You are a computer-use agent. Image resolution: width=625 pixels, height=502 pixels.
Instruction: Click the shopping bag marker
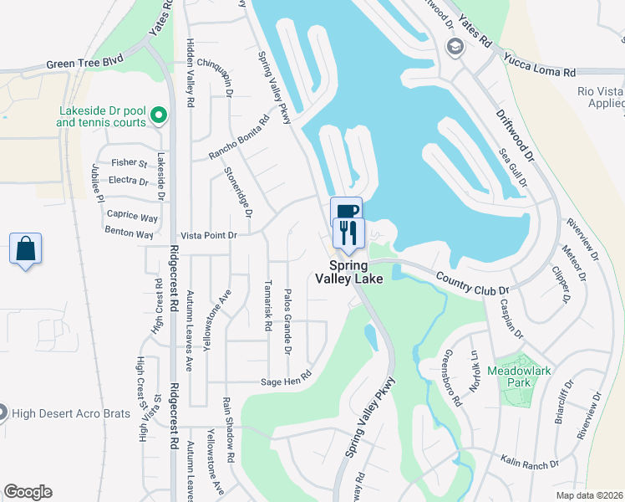(x=26, y=249)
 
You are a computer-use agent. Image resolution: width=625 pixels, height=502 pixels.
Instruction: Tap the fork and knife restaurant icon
(x=348, y=233)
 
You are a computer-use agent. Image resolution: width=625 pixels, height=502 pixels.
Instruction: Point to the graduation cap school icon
(x=455, y=45)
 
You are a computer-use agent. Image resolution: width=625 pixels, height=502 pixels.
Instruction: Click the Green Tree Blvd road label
(x=84, y=63)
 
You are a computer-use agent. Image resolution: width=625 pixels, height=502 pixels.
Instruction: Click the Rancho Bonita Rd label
(x=239, y=138)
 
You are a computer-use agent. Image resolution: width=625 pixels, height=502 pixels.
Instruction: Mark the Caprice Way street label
(x=132, y=216)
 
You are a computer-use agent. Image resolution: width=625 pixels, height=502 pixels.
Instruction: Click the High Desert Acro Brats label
(x=67, y=412)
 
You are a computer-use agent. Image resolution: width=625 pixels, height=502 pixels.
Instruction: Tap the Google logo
(x=28, y=492)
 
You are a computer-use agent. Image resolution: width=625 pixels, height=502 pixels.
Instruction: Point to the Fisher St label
(x=130, y=163)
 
